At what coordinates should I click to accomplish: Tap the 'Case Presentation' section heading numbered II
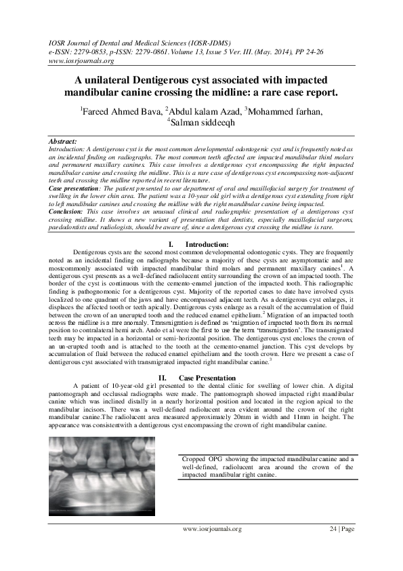[207, 378]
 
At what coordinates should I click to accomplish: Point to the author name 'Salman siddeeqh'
[203, 123]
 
